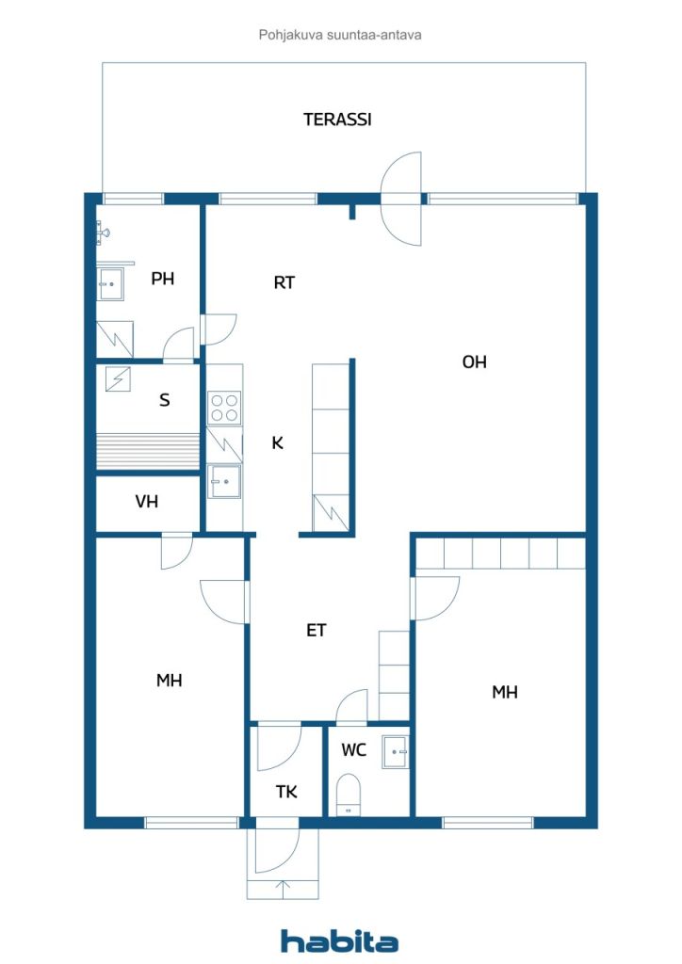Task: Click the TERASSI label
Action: pos(337,120)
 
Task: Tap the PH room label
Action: pos(162,279)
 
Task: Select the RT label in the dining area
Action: pos(284,282)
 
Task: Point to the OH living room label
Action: pos(474,362)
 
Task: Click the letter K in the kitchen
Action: pos(277,442)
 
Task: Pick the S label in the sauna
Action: pos(164,400)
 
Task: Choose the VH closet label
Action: pos(146,502)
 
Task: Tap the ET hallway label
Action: pos(317,630)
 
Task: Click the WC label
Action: pos(353,750)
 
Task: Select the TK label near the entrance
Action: pos(286,792)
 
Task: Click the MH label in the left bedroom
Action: pos(170,681)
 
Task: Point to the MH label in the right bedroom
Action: pos(505,692)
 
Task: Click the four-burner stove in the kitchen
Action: pos(224,409)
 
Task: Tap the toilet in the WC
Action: pos(349,795)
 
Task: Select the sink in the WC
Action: pos(395,752)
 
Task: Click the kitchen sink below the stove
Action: pos(224,481)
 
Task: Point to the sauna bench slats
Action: pos(148,452)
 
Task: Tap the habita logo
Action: pos(339,940)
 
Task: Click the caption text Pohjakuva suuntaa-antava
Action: pos(340,35)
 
